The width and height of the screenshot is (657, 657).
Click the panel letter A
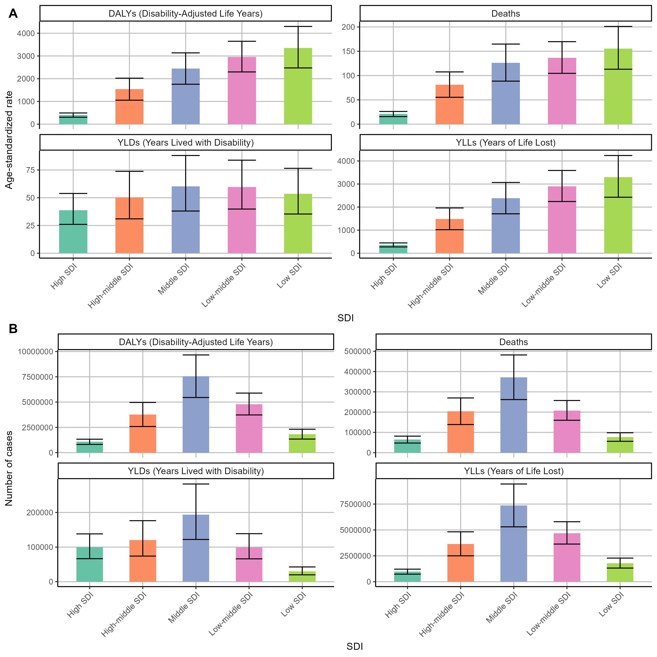point(13,14)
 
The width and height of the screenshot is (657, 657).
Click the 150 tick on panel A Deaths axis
point(348,51)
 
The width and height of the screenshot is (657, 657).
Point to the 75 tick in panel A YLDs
point(31,170)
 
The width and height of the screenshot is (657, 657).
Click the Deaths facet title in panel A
point(506,14)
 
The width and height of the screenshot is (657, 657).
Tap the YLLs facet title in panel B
point(514,471)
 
